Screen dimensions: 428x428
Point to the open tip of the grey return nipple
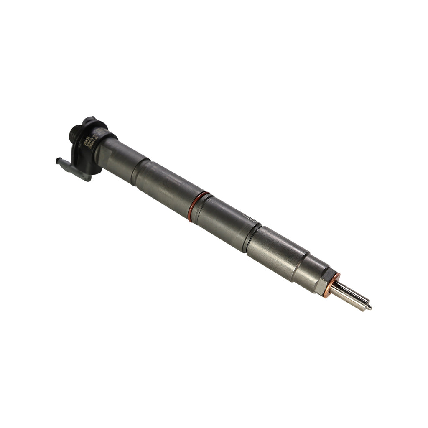pos(58,160)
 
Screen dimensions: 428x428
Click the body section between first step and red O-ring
pos(167,184)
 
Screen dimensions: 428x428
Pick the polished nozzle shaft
pos(351,295)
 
